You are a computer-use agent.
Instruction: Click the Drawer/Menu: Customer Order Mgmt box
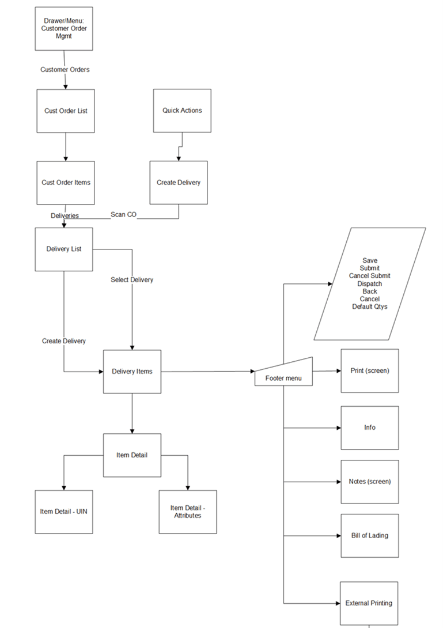coord(63,29)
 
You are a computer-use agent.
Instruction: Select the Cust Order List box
coord(66,111)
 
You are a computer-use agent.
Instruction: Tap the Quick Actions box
coord(182,111)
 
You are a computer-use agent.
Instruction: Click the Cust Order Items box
coord(66,183)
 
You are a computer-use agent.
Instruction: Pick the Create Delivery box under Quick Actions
coord(179,183)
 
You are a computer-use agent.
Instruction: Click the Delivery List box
coord(64,249)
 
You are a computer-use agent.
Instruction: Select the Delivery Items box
coord(132,372)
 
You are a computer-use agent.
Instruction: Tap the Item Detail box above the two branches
coord(132,455)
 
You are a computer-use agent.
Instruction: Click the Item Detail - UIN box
coord(64,512)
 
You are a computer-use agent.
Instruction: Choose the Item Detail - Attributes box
coord(188,512)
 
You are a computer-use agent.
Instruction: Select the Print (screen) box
coord(369,370)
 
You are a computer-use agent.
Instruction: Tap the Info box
coord(369,428)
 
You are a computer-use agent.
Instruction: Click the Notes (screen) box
coord(369,482)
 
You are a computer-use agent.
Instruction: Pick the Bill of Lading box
coord(369,536)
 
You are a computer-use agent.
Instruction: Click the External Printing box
coord(369,603)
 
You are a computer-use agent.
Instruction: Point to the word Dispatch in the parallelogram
coord(369,284)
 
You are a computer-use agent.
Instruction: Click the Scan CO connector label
coord(123,215)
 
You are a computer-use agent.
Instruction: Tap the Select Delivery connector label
coord(132,280)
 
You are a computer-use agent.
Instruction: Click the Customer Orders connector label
coord(65,70)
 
